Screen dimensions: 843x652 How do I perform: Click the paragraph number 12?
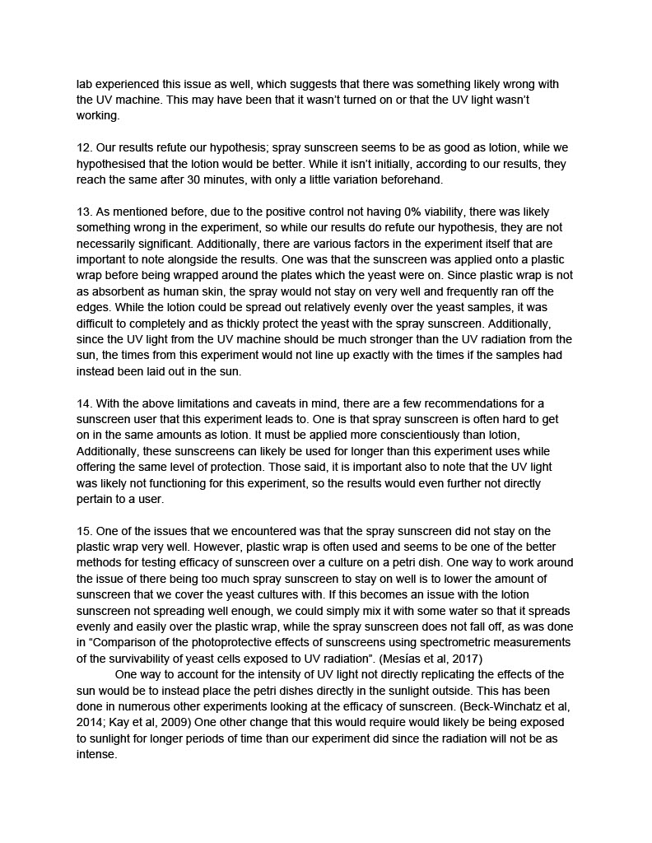[83, 148]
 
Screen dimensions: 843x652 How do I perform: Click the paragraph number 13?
[83, 211]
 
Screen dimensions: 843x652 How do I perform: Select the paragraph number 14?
[83, 403]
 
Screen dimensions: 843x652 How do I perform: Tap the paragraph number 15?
[83, 531]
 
